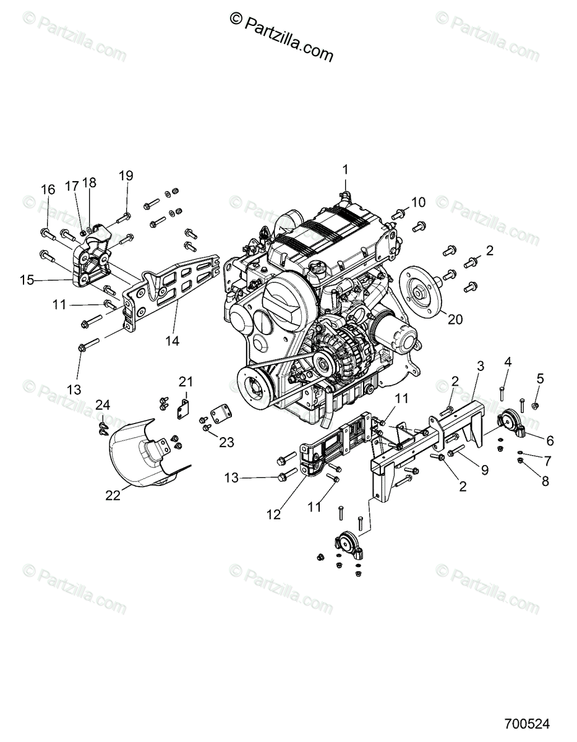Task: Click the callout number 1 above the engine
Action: coord(346,169)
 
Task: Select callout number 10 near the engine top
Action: coord(419,202)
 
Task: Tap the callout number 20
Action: coord(455,319)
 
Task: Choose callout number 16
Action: coord(48,190)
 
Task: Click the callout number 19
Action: coord(126,176)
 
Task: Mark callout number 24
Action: coord(102,405)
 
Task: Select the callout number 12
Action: coord(273,514)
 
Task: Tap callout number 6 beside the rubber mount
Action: coord(549,441)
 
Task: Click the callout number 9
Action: coord(484,470)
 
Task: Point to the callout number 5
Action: coord(540,378)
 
